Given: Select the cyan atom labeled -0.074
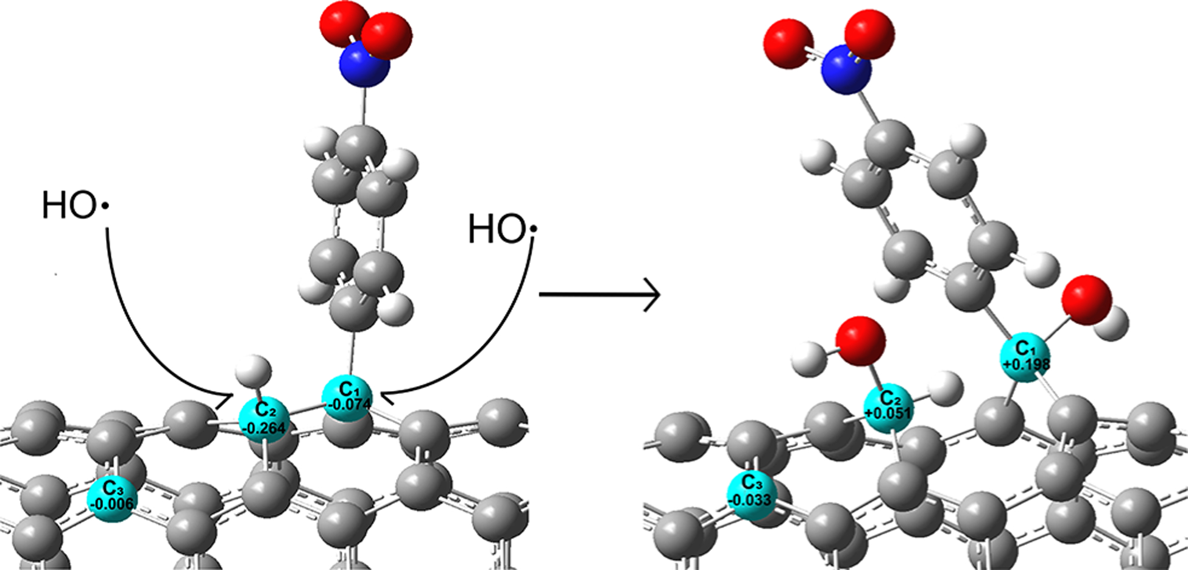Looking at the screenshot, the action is pyautogui.click(x=346, y=399).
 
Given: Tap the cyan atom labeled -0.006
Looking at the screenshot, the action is pyautogui.click(x=112, y=498).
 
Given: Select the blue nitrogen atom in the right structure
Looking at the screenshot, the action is pyautogui.click(x=846, y=69).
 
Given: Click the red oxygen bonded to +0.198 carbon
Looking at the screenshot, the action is pyautogui.click(x=1086, y=300).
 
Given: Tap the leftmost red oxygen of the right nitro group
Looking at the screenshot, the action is pyautogui.click(x=788, y=43).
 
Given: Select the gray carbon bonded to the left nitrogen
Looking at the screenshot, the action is pyautogui.click(x=361, y=146).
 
